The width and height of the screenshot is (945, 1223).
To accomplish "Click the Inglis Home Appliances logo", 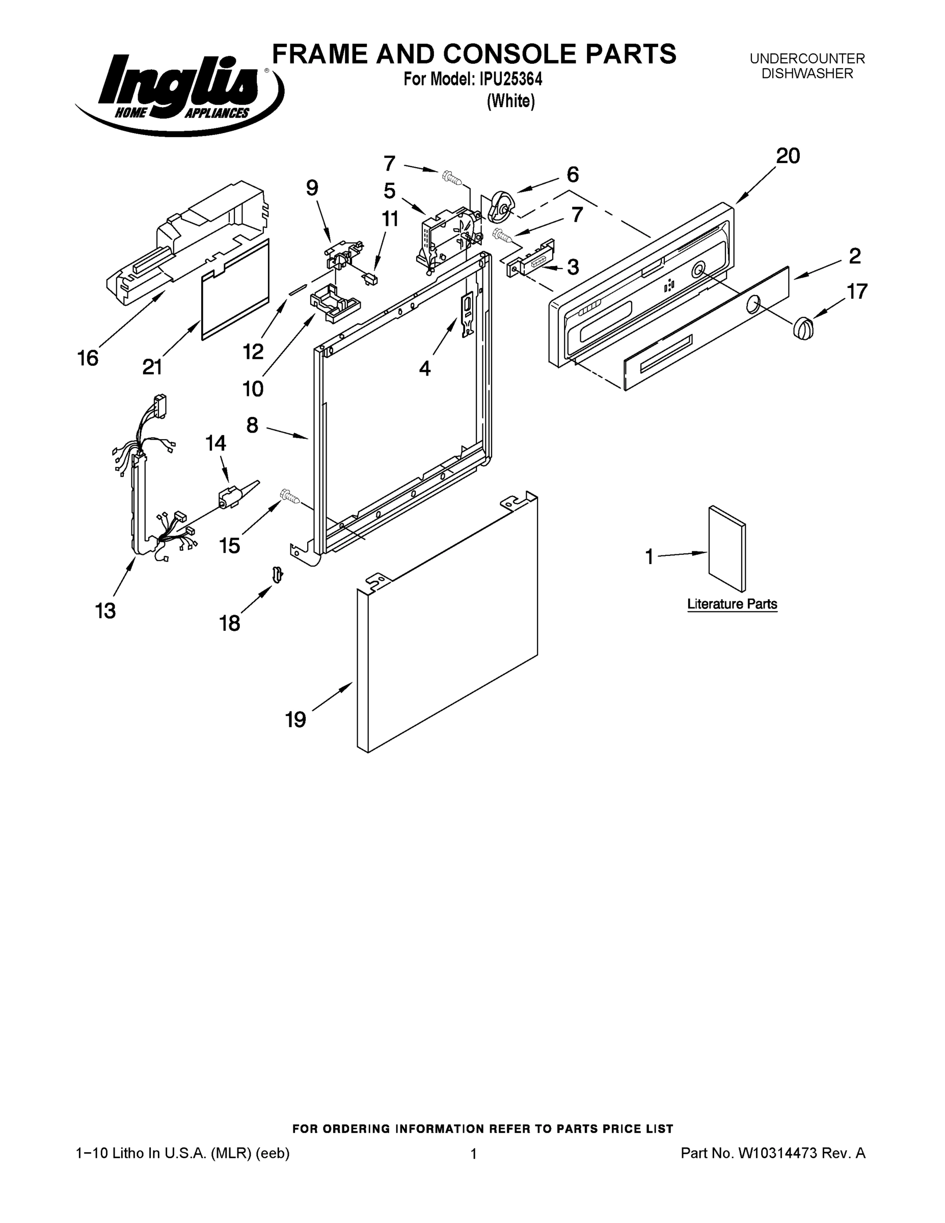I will [x=178, y=92].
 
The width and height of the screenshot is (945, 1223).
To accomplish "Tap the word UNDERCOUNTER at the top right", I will [x=807, y=59].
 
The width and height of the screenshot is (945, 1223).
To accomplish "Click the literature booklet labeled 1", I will [x=726, y=549].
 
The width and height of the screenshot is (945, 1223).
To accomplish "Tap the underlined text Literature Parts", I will [x=732, y=604].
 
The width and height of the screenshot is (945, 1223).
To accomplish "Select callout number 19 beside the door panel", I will [x=295, y=720].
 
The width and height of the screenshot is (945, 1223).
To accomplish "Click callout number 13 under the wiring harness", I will [x=105, y=610].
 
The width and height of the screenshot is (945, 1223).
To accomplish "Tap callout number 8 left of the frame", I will [x=253, y=426].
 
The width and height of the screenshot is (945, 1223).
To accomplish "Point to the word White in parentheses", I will [x=510, y=101].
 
